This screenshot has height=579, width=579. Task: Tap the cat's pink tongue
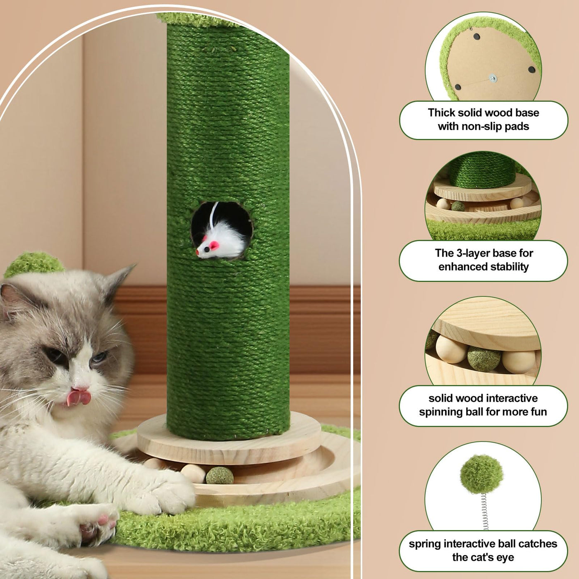pyautogui.click(x=79, y=397)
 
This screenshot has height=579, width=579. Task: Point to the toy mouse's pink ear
pyautogui.click(x=214, y=245)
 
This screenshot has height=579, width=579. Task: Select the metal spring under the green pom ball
pyautogui.click(x=484, y=512)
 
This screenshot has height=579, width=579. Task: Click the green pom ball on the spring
pyautogui.click(x=481, y=474)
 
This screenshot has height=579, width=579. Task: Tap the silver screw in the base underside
pyautogui.click(x=493, y=79)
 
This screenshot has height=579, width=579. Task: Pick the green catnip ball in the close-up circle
pyautogui.click(x=483, y=358)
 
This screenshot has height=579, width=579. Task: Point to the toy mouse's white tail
pyautogui.click(x=214, y=214)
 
